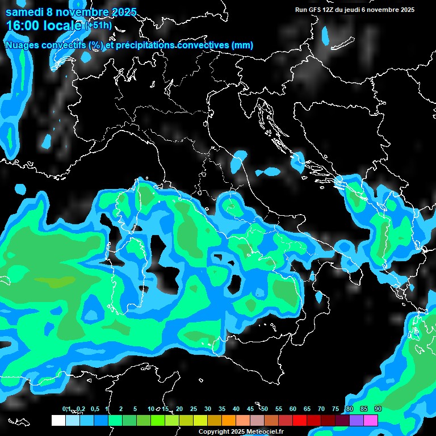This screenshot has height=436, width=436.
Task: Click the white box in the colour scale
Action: [58, 420]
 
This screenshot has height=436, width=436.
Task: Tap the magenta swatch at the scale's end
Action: [371, 420]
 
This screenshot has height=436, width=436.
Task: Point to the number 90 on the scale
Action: [378, 409]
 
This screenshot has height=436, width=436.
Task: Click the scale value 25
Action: [194, 409]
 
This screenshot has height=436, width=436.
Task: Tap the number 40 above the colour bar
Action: [236, 409]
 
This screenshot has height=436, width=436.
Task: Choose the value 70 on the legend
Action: [321, 409]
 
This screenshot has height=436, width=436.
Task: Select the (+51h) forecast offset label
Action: [98, 26]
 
